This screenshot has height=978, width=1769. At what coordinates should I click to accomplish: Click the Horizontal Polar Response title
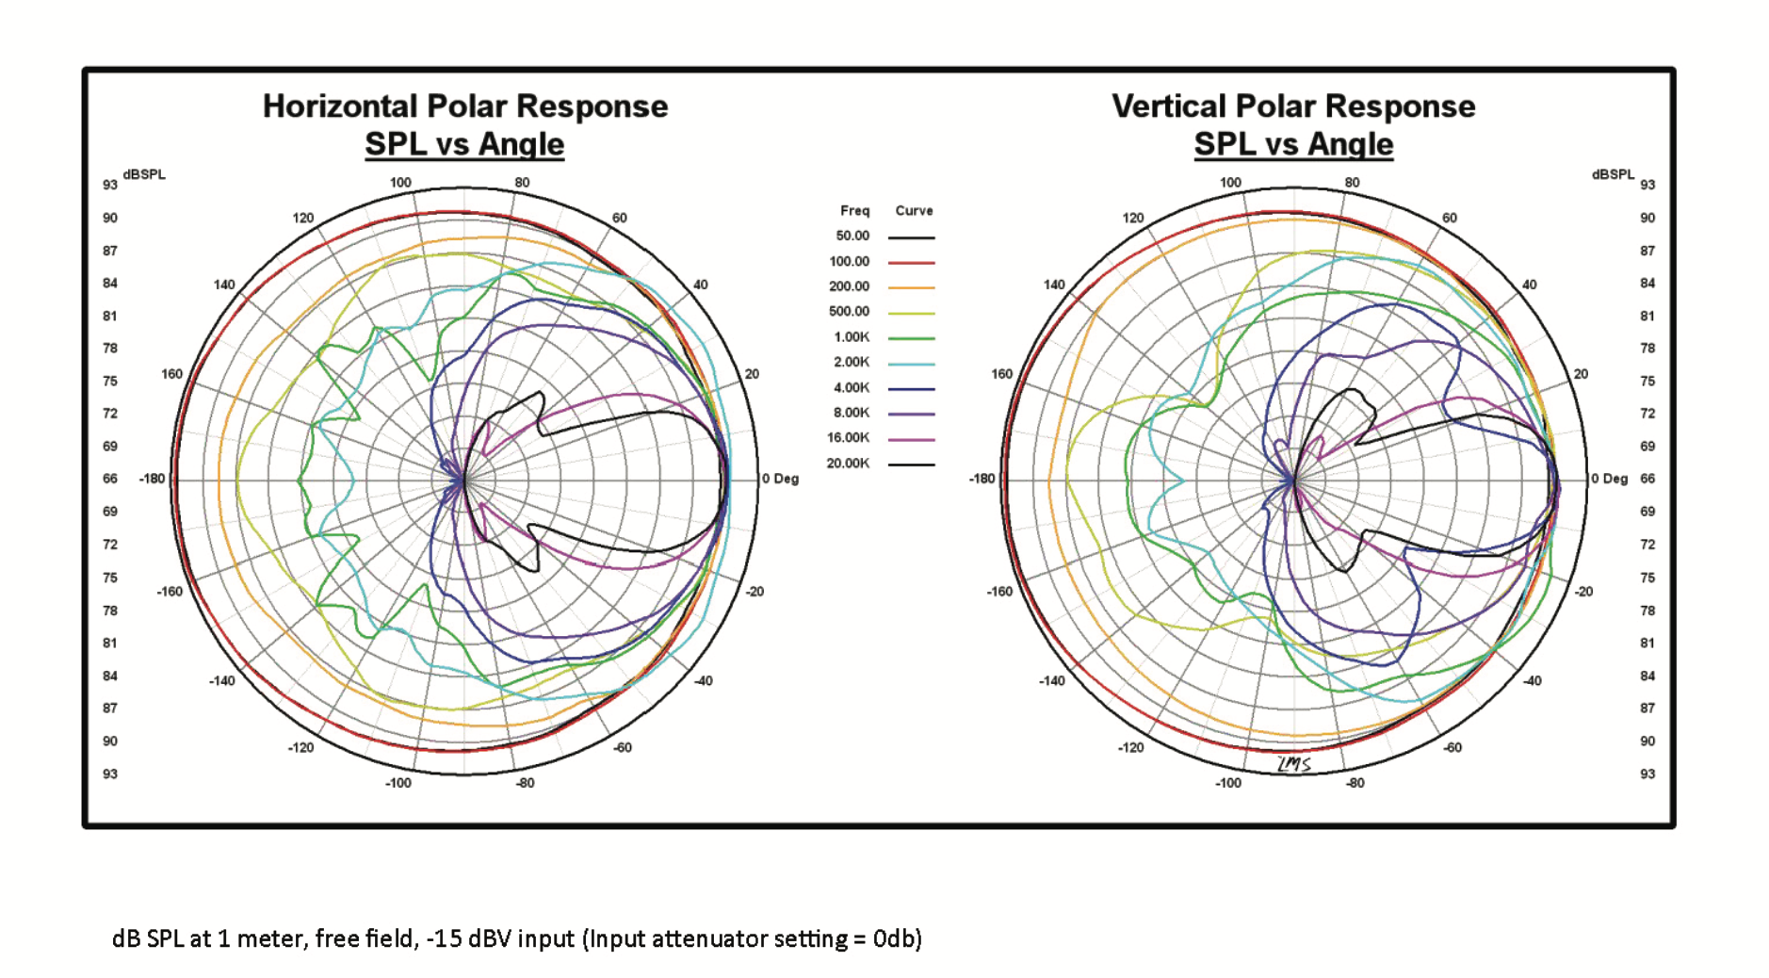click(x=464, y=106)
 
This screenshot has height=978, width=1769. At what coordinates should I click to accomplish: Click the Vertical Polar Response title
click(x=1293, y=106)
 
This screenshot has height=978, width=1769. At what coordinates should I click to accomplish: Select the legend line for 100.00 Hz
click(x=911, y=263)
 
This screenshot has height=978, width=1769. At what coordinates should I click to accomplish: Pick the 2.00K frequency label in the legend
click(x=850, y=362)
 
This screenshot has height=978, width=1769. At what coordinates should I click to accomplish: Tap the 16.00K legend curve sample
click(x=911, y=439)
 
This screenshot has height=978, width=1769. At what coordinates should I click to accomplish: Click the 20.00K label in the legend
click(x=848, y=464)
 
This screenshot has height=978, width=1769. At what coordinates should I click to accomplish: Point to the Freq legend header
click(x=854, y=211)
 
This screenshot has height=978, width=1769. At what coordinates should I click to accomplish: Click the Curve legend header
click(x=914, y=211)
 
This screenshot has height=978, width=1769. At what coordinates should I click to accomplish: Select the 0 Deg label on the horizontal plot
click(x=780, y=479)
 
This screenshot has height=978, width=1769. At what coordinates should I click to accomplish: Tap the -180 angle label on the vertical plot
click(x=982, y=479)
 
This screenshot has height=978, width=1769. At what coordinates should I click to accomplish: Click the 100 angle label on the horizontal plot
click(x=400, y=183)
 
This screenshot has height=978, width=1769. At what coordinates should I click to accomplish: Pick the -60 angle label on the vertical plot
click(x=1453, y=747)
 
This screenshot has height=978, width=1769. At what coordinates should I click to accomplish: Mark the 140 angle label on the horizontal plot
click(x=224, y=285)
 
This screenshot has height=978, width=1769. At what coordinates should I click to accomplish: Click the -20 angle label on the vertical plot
click(x=1583, y=592)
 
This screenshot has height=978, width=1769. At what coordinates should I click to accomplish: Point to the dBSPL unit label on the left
click(x=144, y=174)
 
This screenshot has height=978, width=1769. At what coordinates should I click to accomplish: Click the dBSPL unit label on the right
click(x=1613, y=174)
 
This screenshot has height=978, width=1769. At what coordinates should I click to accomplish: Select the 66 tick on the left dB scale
click(x=110, y=479)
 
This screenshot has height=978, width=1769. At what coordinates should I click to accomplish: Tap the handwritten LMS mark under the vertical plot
click(x=1294, y=764)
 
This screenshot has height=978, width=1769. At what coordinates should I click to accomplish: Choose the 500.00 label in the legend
click(x=850, y=312)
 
